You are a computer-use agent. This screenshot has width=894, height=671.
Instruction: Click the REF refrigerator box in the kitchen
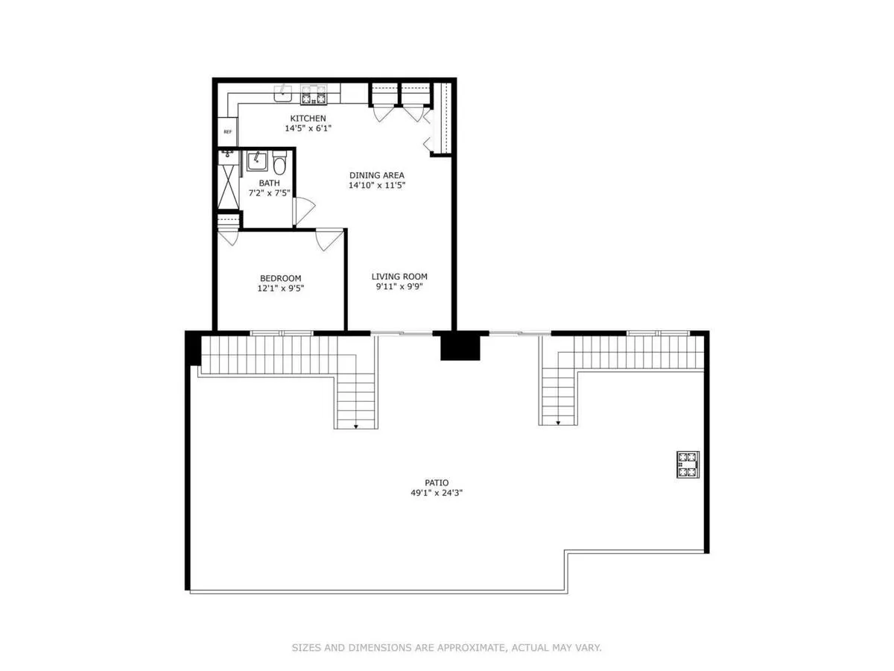click(227, 131)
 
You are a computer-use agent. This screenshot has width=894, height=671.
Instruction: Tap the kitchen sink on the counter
click(283, 94)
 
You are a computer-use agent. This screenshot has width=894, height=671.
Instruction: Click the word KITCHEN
click(308, 119)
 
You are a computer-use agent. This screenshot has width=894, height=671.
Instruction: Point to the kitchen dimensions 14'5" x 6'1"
click(308, 128)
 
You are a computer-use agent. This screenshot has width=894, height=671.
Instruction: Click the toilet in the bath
click(279, 162)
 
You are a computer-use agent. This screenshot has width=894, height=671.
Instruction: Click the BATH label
click(269, 183)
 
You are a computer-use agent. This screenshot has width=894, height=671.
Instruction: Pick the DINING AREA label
click(377, 175)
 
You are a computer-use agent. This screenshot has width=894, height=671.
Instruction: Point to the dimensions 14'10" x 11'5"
click(377, 185)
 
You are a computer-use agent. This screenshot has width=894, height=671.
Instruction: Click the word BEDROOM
click(280, 278)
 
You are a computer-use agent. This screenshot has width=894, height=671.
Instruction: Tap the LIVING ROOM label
click(399, 277)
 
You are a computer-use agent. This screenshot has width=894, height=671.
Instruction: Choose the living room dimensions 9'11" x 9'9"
click(399, 286)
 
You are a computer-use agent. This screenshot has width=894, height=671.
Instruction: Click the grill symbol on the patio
click(687, 464)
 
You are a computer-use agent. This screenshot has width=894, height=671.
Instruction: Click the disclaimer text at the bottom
click(446, 648)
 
